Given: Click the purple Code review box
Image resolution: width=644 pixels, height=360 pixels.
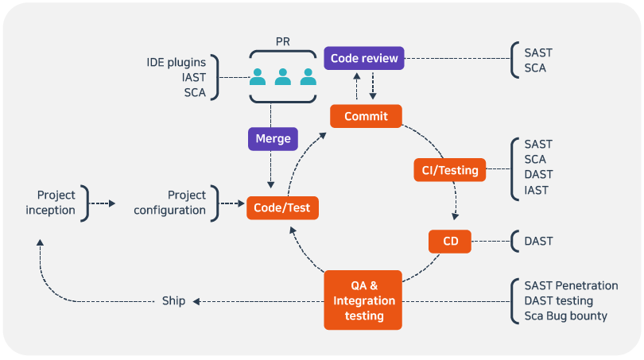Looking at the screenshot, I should pos(364,58).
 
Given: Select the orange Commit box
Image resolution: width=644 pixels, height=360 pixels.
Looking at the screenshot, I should pos(366,116).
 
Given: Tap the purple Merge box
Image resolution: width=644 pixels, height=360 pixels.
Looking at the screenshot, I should pos(273,138).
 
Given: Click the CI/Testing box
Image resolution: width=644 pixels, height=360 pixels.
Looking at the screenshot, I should pos(450,169).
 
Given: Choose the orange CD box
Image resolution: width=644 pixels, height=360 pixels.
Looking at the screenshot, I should pos(450,241).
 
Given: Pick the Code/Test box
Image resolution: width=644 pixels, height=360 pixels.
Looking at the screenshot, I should pos(283,208).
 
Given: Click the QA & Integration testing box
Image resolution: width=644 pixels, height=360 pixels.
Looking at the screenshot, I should pos(363,300).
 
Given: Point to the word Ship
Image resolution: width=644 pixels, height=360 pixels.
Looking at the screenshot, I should pos(173,301).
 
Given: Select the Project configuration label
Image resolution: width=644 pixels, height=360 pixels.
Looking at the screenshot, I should pos(169,203).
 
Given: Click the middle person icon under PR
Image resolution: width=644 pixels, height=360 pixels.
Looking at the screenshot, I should pos(283,77).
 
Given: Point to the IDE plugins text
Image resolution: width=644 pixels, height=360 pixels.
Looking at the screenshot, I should pos(176,62).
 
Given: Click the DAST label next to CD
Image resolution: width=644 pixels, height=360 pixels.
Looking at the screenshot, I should pos(538,241).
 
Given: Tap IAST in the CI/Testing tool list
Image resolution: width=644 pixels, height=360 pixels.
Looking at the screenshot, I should pos(537,190).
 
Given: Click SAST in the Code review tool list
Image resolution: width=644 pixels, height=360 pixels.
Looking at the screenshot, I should pos(538,53).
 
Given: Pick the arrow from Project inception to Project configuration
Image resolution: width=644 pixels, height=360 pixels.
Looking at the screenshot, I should pos(101,203).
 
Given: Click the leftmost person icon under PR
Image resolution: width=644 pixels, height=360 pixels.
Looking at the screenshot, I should pos(258,77).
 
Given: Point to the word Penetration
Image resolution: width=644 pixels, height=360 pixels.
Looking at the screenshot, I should pos(587,285).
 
